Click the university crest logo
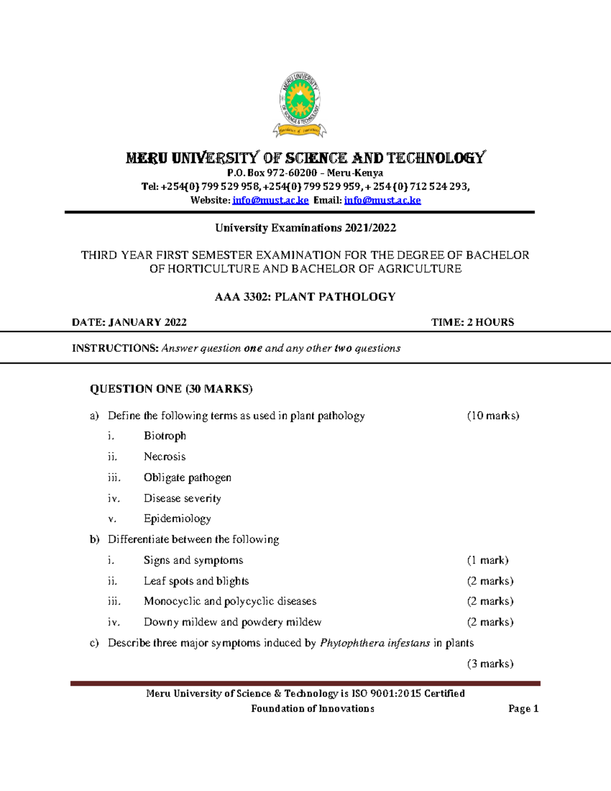point(300,104)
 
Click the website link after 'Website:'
point(270,201)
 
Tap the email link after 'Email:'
point(382,201)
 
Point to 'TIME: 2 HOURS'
point(473,322)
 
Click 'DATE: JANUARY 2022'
point(129,322)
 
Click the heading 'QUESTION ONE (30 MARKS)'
point(171,389)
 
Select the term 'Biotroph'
point(165,436)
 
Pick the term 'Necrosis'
point(164,457)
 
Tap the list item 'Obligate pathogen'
point(187,478)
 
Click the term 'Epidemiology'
point(177,519)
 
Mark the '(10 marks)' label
point(493,416)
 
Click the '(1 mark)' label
point(488,560)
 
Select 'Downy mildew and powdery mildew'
point(233,622)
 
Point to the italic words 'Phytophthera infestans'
point(375,643)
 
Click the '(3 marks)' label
point(490,664)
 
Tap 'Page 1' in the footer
point(523,708)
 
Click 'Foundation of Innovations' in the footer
point(313,708)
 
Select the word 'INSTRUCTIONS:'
point(115,348)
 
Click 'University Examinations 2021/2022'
point(305,228)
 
